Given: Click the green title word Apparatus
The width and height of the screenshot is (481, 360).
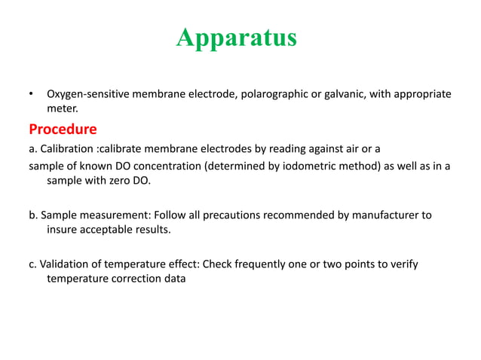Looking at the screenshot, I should click(x=237, y=38).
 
